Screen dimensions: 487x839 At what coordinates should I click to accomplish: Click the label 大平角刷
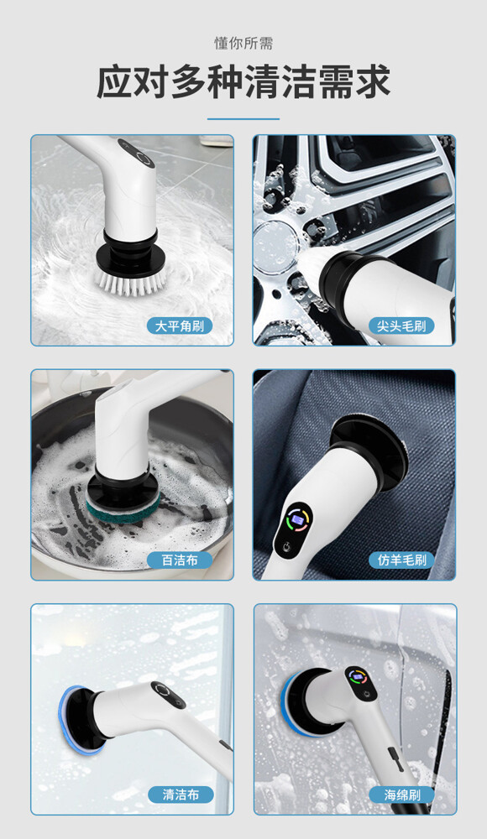pos(180,326)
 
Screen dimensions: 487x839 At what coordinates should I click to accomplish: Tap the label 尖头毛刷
pos(401,326)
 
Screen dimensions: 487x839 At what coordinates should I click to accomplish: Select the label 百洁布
pos(180,560)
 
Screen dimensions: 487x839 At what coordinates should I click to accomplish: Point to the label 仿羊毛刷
pos(401,560)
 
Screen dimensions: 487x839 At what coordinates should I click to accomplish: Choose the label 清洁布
pos(181,795)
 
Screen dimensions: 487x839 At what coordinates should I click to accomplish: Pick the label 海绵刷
pos(402,795)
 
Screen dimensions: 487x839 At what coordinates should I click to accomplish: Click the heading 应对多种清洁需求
pos(243,82)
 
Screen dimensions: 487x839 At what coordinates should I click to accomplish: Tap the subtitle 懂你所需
pos(243,44)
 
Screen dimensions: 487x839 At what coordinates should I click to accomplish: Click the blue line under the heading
pos(243,119)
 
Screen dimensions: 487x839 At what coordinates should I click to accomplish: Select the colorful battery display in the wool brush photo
pos(297,520)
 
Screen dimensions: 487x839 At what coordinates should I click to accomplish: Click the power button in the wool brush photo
pos(286,549)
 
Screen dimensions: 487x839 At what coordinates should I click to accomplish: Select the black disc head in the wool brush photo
pos(369,453)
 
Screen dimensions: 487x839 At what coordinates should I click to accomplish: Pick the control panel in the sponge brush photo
pos(359,681)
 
